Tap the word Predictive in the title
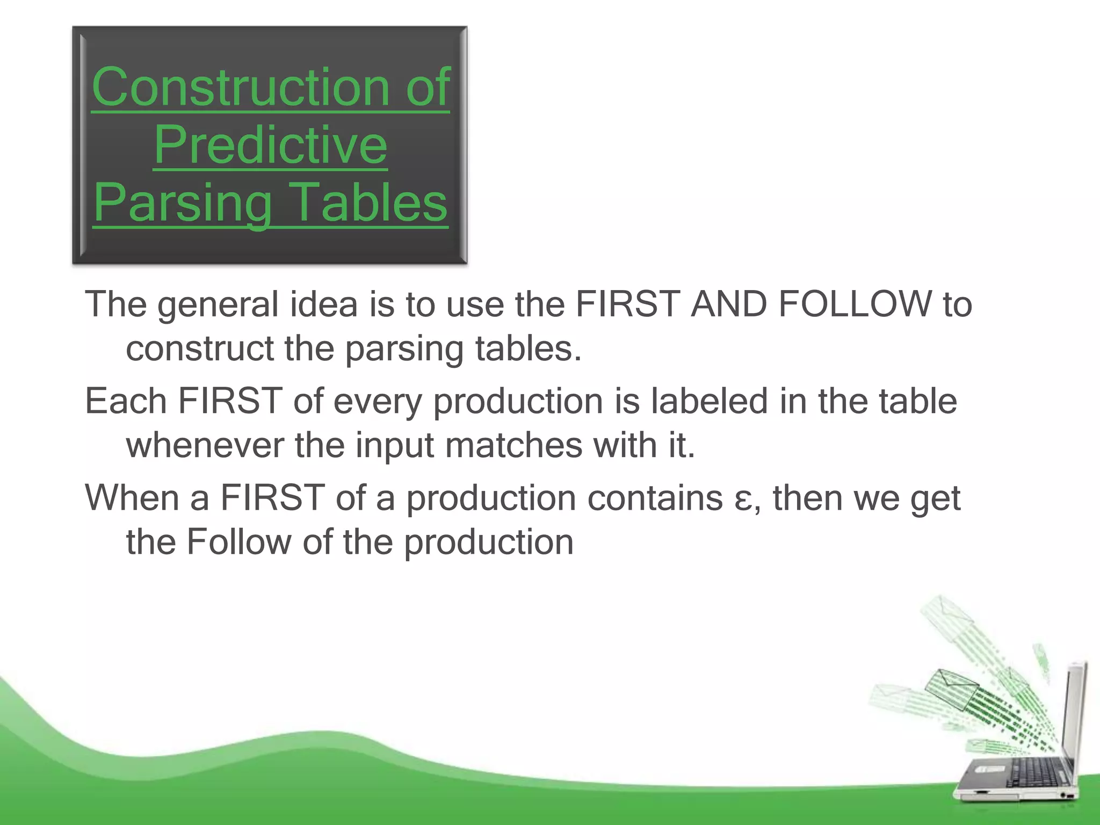click(270, 145)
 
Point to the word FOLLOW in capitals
click(855, 304)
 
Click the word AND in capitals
click(728, 304)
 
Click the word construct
click(199, 349)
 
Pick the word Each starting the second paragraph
click(126, 401)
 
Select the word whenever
click(205, 446)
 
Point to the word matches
click(513, 446)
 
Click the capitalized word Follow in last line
click(238, 542)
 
